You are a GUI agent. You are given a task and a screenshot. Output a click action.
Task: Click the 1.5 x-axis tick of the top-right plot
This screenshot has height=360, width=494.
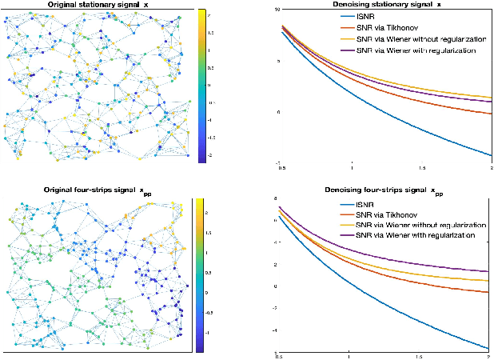(420, 167)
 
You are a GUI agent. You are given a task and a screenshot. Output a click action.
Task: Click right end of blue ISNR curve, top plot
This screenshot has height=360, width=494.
(490, 155)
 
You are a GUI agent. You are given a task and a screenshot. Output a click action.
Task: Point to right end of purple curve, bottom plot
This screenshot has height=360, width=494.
(490, 272)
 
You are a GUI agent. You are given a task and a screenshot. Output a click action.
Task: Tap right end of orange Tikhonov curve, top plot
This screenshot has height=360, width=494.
(490, 114)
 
